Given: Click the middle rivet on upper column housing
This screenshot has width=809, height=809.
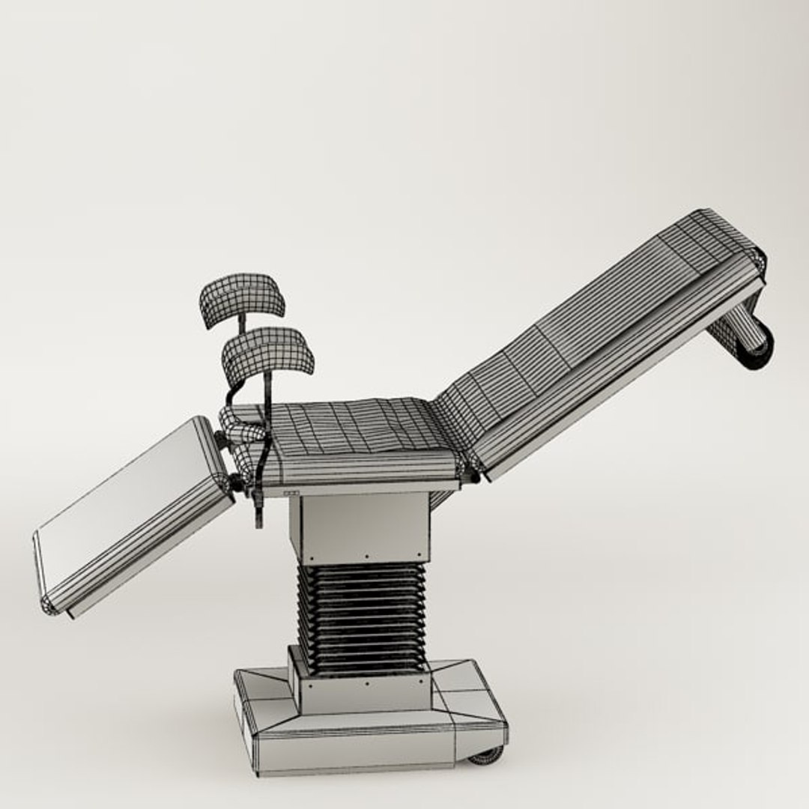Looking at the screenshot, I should (x=366, y=557).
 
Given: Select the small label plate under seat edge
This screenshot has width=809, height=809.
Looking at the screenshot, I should (x=291, y=493).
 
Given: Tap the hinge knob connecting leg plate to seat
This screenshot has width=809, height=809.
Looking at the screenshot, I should (x=235, y=483).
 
